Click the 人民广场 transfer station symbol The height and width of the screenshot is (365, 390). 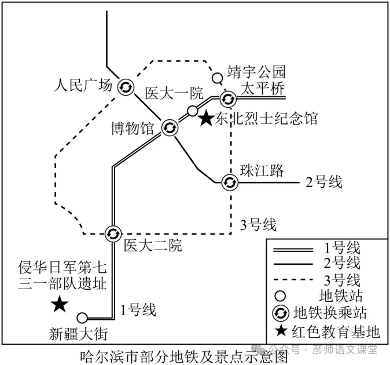pos(126,87)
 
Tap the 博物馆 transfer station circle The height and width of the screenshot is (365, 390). pos(170,127)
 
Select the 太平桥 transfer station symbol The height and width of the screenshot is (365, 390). pos(228,99)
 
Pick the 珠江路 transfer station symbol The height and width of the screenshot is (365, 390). pos(230,183)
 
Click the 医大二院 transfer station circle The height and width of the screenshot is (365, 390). pos(113,234)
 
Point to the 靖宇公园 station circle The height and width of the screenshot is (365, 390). pos(217,78)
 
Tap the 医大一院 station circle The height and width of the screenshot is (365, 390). pos(192,111)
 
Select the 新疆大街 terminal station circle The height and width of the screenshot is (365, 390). pos(82,318)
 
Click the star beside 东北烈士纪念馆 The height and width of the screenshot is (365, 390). pos(207,118)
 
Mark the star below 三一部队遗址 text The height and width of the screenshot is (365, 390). pos(60,304)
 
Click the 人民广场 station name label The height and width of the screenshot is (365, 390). pos(83,85)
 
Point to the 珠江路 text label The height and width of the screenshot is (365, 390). pos(262,170)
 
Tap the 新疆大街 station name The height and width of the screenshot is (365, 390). pos(78,334)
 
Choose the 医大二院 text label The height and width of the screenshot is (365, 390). pos(153,245)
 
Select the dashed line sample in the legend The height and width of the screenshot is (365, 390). pos(293,280)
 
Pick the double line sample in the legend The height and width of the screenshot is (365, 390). pos(293,250)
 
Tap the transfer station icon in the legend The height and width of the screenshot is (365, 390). pos(281,313)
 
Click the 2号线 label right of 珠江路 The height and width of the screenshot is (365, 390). pos(324,182)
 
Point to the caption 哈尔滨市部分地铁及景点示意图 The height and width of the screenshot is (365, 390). pos(184,356)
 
